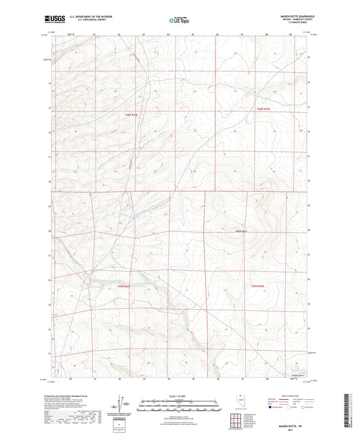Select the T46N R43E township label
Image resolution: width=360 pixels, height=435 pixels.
tap(264, 108)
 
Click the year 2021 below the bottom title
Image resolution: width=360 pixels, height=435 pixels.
tap(291, 424)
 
